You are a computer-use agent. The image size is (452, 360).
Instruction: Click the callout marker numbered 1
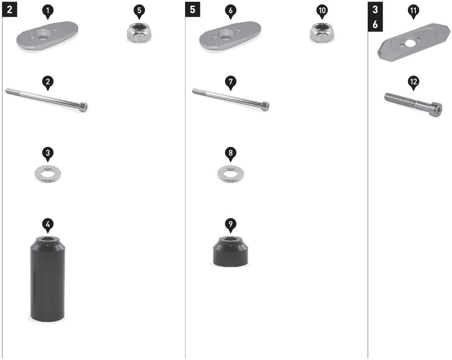point(48,12)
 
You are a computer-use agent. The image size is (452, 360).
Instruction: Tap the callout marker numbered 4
point(48,225)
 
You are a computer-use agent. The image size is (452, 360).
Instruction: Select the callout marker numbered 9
point(230,225)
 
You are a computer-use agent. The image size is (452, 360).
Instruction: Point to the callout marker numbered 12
point(413,82)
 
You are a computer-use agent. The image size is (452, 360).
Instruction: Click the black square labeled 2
point(10,10)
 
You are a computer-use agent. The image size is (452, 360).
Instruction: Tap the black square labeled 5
point(193,10)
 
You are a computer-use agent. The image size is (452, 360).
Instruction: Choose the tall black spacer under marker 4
point(48,279)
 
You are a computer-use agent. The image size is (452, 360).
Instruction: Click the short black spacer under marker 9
point(230,251)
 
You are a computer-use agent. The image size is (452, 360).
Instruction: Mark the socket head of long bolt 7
point(267,106)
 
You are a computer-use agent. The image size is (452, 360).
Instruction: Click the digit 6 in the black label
point(375,24)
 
